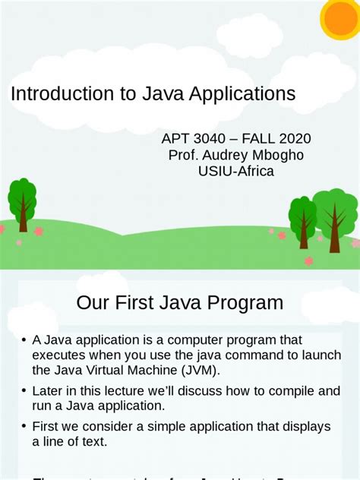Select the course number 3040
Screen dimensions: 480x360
(209, 139)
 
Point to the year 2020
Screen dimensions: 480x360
(290, 139)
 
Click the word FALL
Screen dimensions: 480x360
(255, 139)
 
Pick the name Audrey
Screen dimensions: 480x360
(226, 155)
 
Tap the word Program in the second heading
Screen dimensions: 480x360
(245, 303)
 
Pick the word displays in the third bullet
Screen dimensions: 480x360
(301, 427)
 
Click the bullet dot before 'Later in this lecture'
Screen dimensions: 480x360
(24, 392)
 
